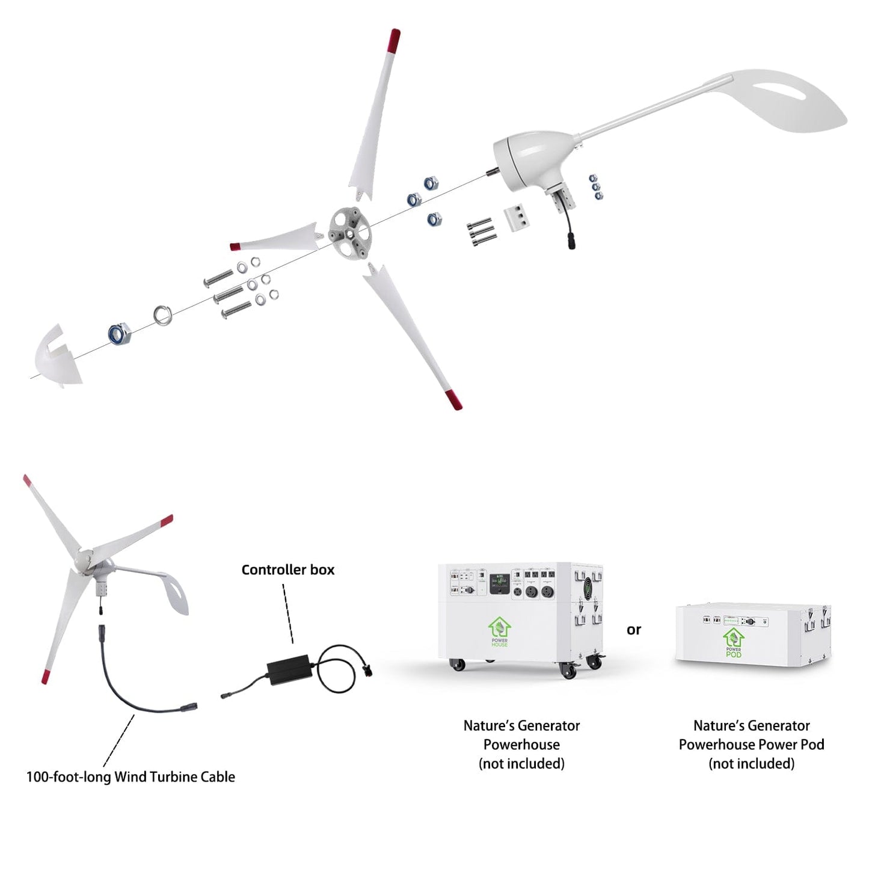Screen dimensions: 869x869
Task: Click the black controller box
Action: coord(290,669)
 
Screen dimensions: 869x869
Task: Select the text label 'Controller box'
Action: coord(287,570)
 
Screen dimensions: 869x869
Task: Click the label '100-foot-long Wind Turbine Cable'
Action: coord(131,777)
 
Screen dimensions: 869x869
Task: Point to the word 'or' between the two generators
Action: coord(634,630)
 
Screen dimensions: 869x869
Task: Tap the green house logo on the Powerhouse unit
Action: coord(499,628)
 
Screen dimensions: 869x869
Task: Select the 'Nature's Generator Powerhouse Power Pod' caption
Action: coord(751,745)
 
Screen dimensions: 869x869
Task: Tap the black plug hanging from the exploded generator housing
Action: coord(570,242)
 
